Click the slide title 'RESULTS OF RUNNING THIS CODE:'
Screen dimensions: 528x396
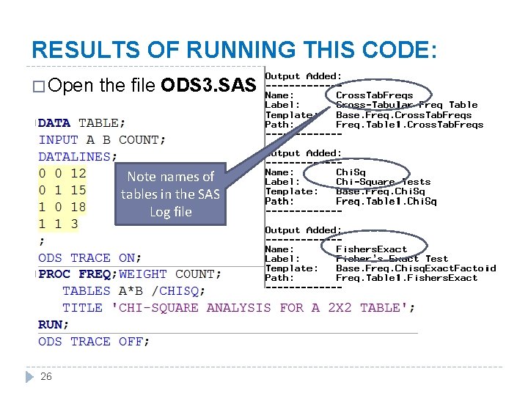pyautogui.click(x=235, y=50)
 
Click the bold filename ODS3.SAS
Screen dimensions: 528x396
pyautogui.click(x=208, y=85)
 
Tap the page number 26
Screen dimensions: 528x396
pyautogui.click(x=45, y=376)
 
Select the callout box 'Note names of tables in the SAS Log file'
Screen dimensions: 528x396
pyautogui.click(x=170, y=194)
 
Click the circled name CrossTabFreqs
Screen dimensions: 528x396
pyautogui.click(x=374, y=95)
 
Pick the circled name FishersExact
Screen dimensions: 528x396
pyautogui.click(x=371, y=249)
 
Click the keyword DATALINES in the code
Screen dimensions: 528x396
pyautogui.click(x=76, y=156)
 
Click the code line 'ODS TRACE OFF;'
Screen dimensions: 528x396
pyautogui.click(x=94, y=341)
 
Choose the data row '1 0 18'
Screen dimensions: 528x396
pyautogui.click(x=62, y=207)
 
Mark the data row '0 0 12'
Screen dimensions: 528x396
pyautogui.click(x=62, y=173)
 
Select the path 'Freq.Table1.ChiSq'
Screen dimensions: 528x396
pyautogui.click(x=386, y=201)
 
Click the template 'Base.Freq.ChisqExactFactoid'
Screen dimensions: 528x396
pyautogui.click(x=415, y=268)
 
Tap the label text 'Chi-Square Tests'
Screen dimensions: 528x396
pyautogui.click(x=383, y=182)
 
